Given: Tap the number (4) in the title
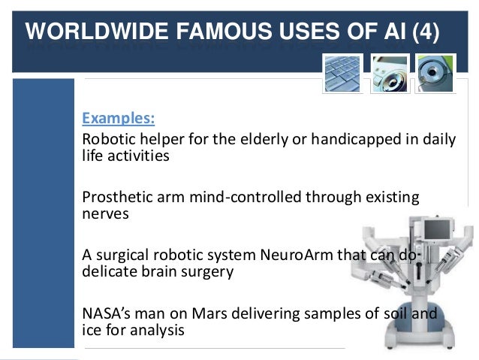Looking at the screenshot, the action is (423, 34).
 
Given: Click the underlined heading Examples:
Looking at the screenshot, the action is (119, 119).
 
